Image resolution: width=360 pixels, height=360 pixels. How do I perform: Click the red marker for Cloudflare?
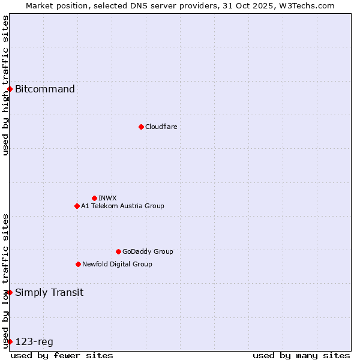click(x=141, y=127)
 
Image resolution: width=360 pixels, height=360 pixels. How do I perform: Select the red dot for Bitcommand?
click(x=10, y=89)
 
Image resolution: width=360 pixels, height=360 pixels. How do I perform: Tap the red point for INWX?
click(x=94, y=198)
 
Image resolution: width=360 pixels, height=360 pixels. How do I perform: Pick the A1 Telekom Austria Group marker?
click(x=77, y=206)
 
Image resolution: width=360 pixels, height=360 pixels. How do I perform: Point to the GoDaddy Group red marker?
click(x=118, y=251)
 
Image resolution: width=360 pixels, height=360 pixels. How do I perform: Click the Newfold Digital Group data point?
click(x=78, y=264)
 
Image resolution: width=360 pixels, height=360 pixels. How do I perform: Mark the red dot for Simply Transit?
click(x=10, y=292)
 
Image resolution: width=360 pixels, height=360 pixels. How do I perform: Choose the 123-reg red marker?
click(x=10, y=341)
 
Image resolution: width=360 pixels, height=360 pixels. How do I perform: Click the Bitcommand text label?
click(x=45, y=89)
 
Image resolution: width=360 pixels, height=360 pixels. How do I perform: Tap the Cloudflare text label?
click(x=161, y=127)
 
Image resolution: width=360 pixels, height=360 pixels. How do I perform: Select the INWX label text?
click(x=107, y=198)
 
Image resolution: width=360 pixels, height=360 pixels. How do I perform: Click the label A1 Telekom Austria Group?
click(x=122, y=206)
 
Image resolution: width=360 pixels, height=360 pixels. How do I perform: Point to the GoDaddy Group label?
click(x=148, y=251)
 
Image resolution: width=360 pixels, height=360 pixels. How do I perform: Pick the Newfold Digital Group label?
click(x=117, y=264)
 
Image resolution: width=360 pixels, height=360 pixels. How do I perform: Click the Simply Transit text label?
click(x=49, y=293)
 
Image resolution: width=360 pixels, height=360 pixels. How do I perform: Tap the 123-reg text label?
click(x=34, y=342)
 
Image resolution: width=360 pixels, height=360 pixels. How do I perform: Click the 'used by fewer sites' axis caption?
click(x=62, y=355)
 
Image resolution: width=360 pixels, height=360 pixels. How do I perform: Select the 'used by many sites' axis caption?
click(x=301, y=355)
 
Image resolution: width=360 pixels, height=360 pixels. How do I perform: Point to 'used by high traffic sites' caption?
click(x=5, y=85)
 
